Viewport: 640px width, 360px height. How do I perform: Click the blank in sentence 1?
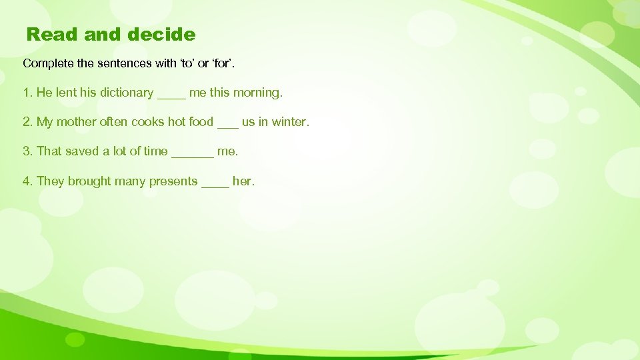point(171,94)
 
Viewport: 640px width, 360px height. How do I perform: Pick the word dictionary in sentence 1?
point(127,93)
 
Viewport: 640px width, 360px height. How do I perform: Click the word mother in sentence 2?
point(77,122)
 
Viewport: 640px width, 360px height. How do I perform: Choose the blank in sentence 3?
point(193,153)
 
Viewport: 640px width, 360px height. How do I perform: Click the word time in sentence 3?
point(155,151)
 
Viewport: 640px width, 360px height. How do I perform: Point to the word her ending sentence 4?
point(242,181)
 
